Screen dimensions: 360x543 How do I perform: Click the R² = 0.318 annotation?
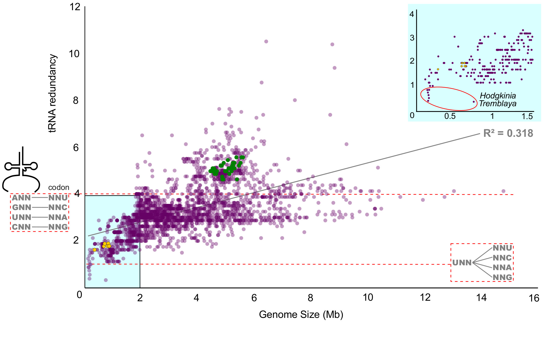click(x=508, y=133)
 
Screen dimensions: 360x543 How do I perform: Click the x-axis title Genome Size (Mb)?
click(x=301, y=314)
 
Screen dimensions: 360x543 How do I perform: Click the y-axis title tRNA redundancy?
click(x=53, y=93)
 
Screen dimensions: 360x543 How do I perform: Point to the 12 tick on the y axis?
click(x=75, y=7)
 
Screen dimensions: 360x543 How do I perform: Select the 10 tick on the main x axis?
click(x=368, y=297)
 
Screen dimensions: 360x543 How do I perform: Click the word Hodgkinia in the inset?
click(x=498, y=96)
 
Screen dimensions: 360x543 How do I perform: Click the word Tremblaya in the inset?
click(x=497, y=104)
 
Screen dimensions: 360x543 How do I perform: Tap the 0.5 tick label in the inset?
click(x=450, y=116)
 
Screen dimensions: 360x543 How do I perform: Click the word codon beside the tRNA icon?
click(x=59, y=187)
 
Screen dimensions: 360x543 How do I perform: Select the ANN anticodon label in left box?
click(x=21, y=198)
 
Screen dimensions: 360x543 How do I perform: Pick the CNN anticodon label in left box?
click(x=21, y=227)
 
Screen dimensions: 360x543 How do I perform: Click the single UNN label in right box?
click(x=462, y=263)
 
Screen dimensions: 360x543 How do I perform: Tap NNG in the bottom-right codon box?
click(x=502, y=277)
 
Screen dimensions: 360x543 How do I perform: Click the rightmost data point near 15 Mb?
click(x=503, y=191)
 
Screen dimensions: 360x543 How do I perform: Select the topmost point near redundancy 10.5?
click(x=266, y=41)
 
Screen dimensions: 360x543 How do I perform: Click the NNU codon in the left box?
click(x=58, y=198)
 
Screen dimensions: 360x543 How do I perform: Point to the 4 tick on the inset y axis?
click(x=412, y=14)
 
